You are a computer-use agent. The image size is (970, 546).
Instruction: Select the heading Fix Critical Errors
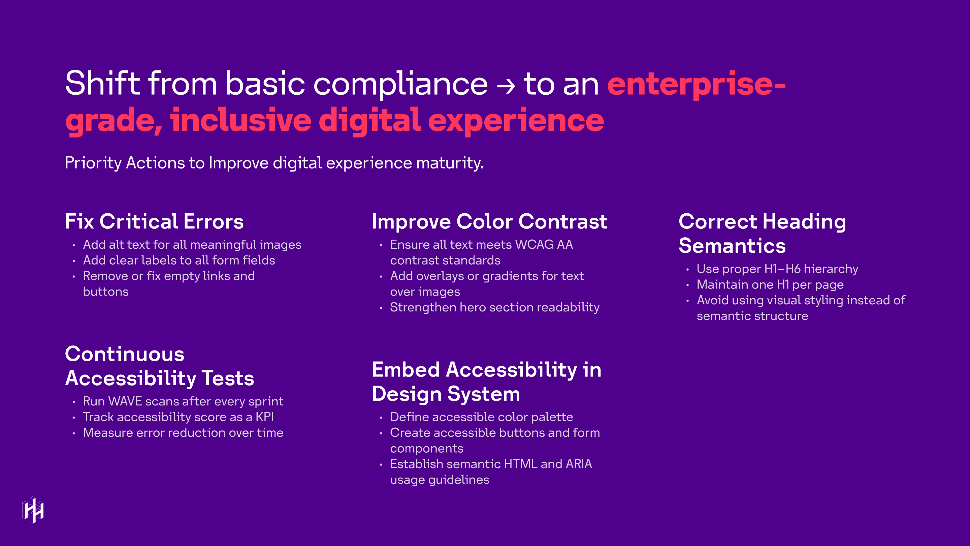(x=154, y=221)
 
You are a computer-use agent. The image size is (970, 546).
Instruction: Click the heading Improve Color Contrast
(x=489, y=221)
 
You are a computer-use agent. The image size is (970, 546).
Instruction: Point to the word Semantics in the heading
(x=732, y=246)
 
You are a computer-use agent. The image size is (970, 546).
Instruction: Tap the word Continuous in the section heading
(x=125, y=354)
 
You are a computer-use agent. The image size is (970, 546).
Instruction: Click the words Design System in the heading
(x=446, y=394)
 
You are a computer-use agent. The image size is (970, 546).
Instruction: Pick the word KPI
(x=265, y=417)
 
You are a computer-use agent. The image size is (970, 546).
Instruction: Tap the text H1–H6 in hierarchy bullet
(x=782, y=269)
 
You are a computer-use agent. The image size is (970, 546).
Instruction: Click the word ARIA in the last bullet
(x=578, y=464)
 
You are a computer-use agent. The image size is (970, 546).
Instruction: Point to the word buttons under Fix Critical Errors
(x=106, y=292)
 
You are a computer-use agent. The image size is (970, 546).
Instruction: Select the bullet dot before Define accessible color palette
(x=381, y=418)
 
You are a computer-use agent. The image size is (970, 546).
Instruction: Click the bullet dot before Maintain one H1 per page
(x=687, y=285)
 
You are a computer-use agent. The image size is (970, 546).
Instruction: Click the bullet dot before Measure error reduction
(x=74, y=433)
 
